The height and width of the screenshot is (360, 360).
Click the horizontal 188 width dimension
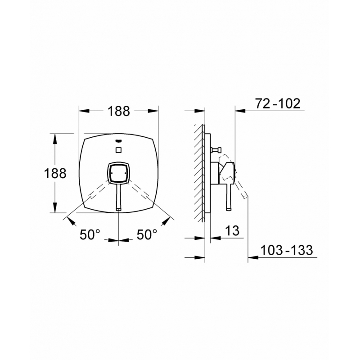tap(119, 111)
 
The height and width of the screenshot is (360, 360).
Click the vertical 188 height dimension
tap(55, 173)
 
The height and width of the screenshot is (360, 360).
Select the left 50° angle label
tap(90, 234)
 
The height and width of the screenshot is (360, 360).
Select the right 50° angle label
tap(147, 234)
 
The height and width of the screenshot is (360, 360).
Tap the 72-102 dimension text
tap(278, 103)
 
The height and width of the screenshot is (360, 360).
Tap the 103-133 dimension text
tap(287, 250)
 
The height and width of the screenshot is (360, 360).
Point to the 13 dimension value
tap(232, 230)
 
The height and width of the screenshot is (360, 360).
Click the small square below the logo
tap(118, 150)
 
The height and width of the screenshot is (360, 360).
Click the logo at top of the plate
tap(118, 141)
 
